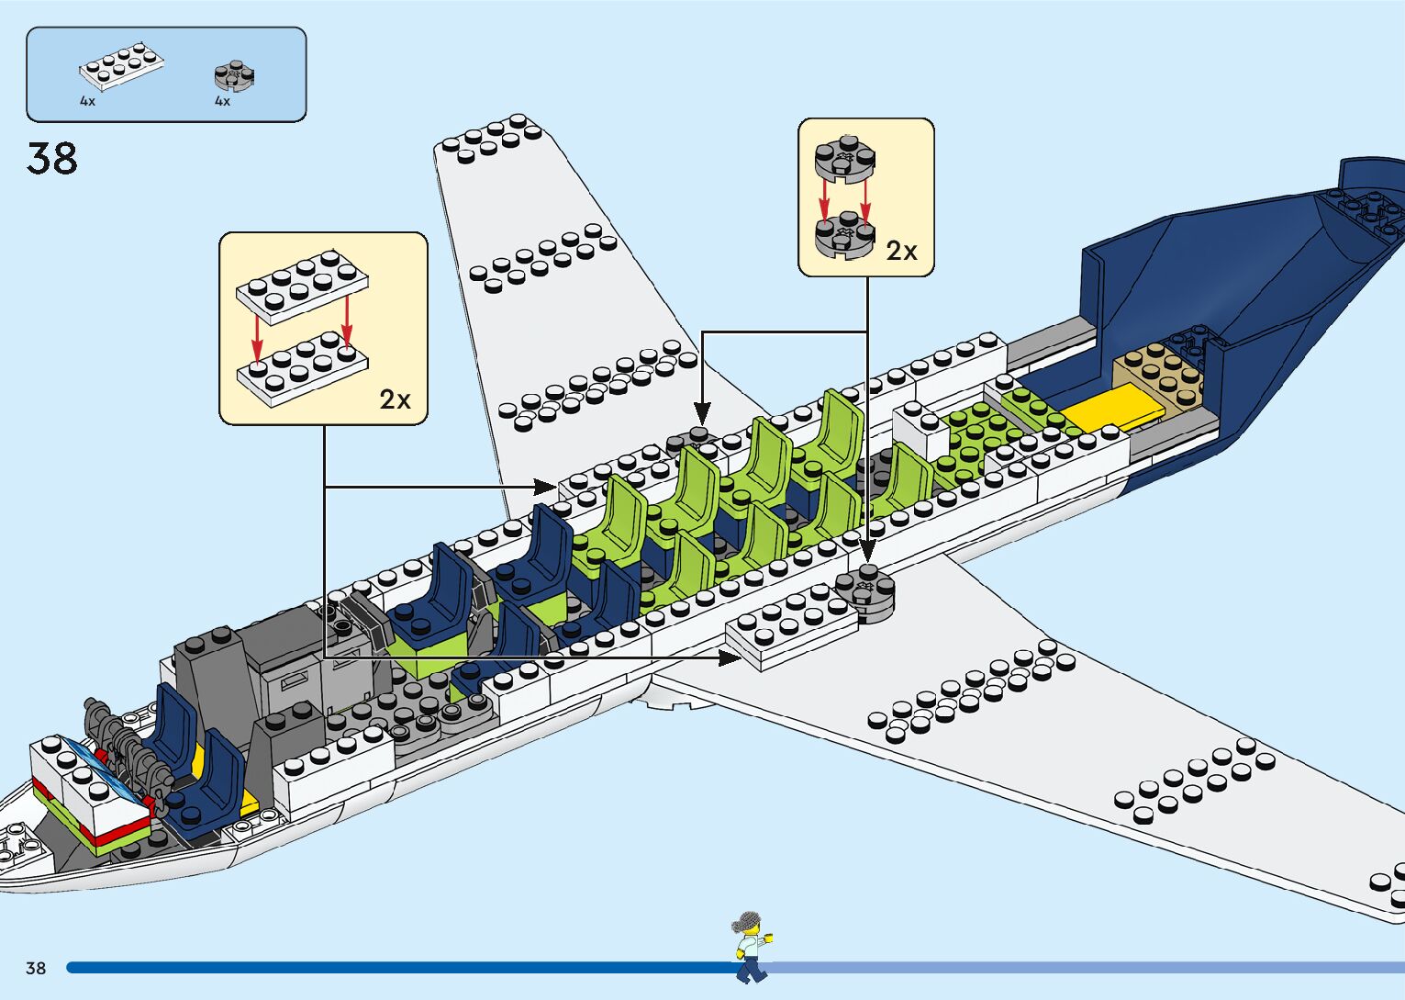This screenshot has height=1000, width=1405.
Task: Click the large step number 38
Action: [x=52, y=158]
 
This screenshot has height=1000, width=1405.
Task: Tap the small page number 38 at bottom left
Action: [x=36, y=968]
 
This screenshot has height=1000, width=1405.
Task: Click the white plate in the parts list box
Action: [x=121, y=66]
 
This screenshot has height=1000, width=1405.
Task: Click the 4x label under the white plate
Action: [x=87, y=101]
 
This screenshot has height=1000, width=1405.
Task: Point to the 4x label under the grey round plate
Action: [x=222, y=101]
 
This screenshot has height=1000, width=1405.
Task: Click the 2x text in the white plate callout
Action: [x=396, y=399]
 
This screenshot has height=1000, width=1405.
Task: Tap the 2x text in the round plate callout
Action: [x=901, y=251]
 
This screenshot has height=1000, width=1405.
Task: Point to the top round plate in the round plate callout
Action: [x=844, y=158]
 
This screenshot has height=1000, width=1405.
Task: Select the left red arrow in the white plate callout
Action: [x=258, y=340]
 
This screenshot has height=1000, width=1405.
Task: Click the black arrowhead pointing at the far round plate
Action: [x=701, y=414]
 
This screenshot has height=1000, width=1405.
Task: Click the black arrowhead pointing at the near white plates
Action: [x=731, y=657]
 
